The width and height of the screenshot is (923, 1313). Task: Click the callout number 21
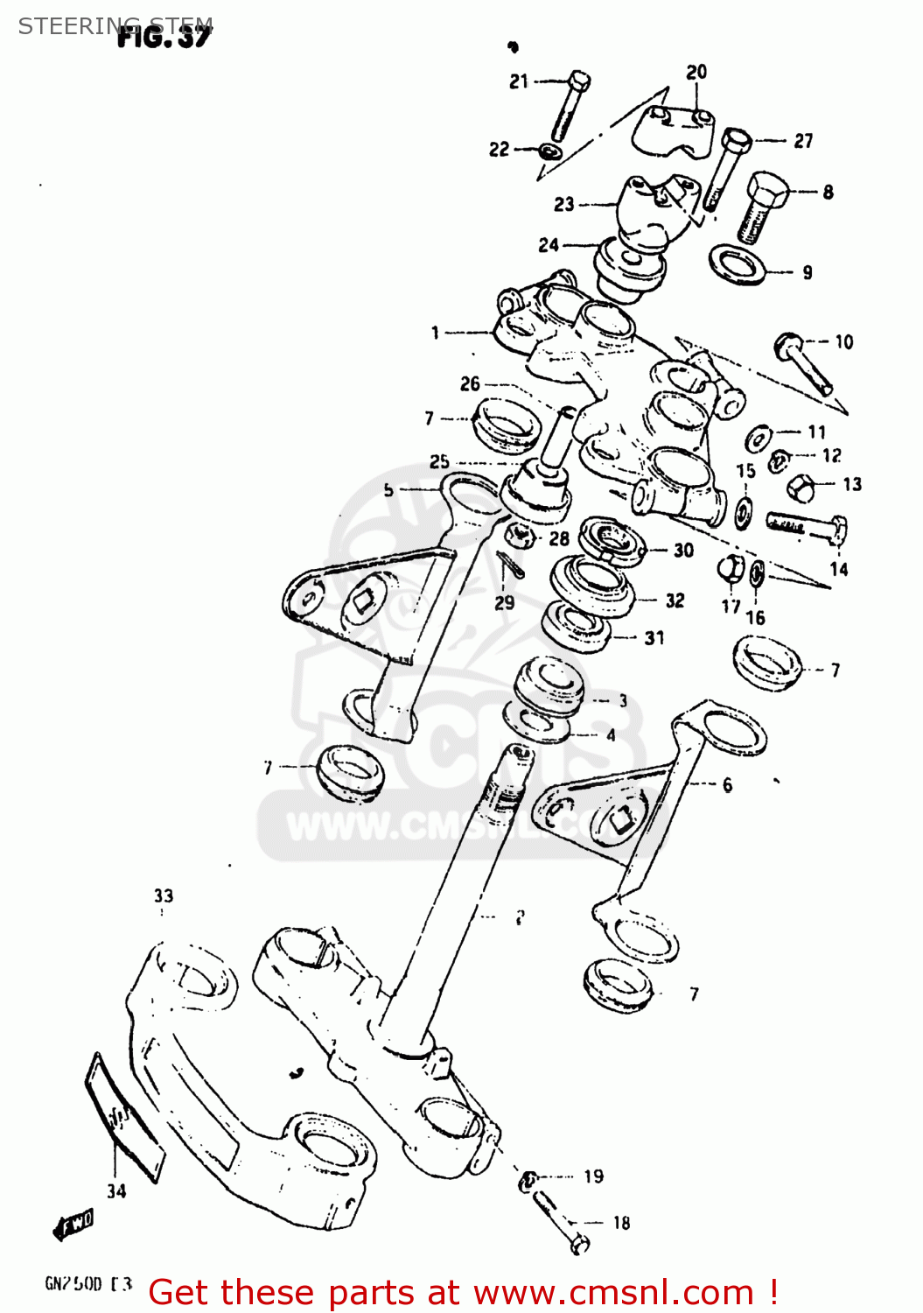(519, 81)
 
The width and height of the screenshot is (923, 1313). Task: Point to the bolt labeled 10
(803, 362)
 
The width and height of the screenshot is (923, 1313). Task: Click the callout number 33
(164, 895)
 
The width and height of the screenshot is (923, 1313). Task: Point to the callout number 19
(594, 1176)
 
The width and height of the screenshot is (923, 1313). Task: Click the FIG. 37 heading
(164, 37)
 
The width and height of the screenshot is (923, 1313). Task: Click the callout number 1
(435, 333)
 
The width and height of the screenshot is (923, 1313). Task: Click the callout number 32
(675, 600)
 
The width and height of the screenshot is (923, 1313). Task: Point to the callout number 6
(727, 785)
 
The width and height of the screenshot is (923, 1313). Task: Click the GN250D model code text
(87, 1284)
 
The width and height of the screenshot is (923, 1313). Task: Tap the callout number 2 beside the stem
(520, 917)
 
